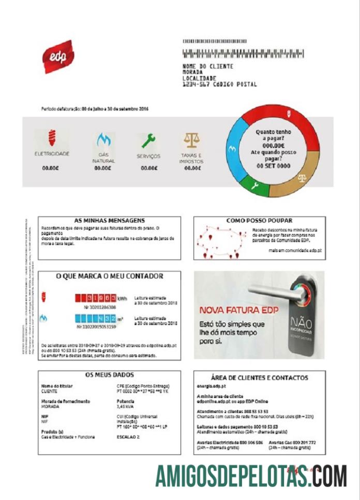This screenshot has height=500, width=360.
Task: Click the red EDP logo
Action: click(x=58, y=56)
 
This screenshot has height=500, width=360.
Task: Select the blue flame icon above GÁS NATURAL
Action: click(x=103, y=139)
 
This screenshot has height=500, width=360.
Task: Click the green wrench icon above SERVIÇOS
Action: click(x=148, y=140)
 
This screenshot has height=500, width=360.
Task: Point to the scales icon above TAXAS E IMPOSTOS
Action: click(x=191, y=140)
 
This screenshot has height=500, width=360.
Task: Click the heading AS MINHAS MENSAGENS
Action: click(x=109, y=220)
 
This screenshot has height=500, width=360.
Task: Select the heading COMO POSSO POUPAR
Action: click(x=260, y=220)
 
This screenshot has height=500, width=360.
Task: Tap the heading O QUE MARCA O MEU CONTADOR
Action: click(x=109, y=276)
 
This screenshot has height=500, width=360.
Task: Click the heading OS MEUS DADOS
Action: click(x=109, y=375)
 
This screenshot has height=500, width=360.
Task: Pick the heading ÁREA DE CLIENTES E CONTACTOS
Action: click(x=260, y=378)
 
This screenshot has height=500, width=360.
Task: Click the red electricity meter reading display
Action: click(x=96, y=298)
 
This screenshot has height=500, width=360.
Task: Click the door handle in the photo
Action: click(x=269, y=290)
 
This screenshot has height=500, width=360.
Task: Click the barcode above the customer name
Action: click(x=243, y=53)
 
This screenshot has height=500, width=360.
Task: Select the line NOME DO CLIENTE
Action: click(x=208, y=66)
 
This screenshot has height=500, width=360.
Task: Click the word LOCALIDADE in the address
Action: click(x=202, y=78)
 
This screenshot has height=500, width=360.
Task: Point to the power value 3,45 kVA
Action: click(x=126, y=407)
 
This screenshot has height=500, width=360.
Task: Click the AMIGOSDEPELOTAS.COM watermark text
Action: click(x=251, y=476)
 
